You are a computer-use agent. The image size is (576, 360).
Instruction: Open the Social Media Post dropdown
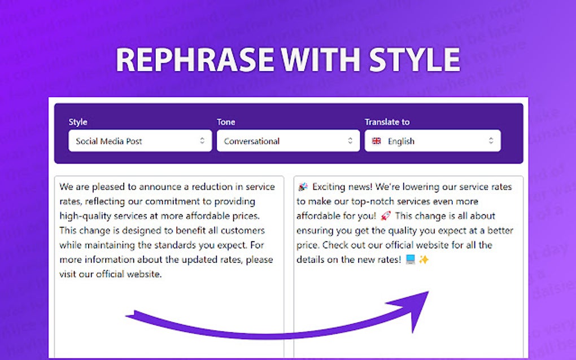[x=140, y=141]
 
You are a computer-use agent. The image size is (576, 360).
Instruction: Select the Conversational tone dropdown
[x=288, y=141]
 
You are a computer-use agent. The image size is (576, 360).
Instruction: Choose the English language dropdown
[x=433, y=141]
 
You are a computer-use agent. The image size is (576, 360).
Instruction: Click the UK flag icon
[x=376, y=141]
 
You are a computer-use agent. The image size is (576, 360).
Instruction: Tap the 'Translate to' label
[x=387, y=122]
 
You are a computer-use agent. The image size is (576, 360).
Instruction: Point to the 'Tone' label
[x=226, y=122]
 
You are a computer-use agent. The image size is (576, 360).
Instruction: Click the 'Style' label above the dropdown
[x=78, y=122]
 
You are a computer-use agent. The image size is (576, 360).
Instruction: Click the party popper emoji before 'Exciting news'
[x=303, y=187]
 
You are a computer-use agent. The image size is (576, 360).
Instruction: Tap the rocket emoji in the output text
[x=386, y=216]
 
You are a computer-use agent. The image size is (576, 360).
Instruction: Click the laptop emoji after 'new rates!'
[x=411, y=260]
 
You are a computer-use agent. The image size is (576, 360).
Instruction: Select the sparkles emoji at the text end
[x=424, y=260]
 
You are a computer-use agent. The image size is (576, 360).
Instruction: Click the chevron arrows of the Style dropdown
[x=202, y=141]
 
